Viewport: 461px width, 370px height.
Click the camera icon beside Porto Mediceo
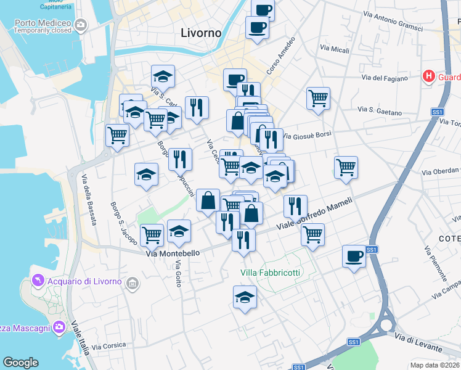80,25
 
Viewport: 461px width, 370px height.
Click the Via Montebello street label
173,253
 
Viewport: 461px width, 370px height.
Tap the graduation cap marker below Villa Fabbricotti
245,298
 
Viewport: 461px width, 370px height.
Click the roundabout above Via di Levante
387,325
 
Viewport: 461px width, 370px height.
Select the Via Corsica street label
110,345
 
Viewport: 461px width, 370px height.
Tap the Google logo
20,363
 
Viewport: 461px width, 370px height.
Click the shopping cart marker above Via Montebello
152,234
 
